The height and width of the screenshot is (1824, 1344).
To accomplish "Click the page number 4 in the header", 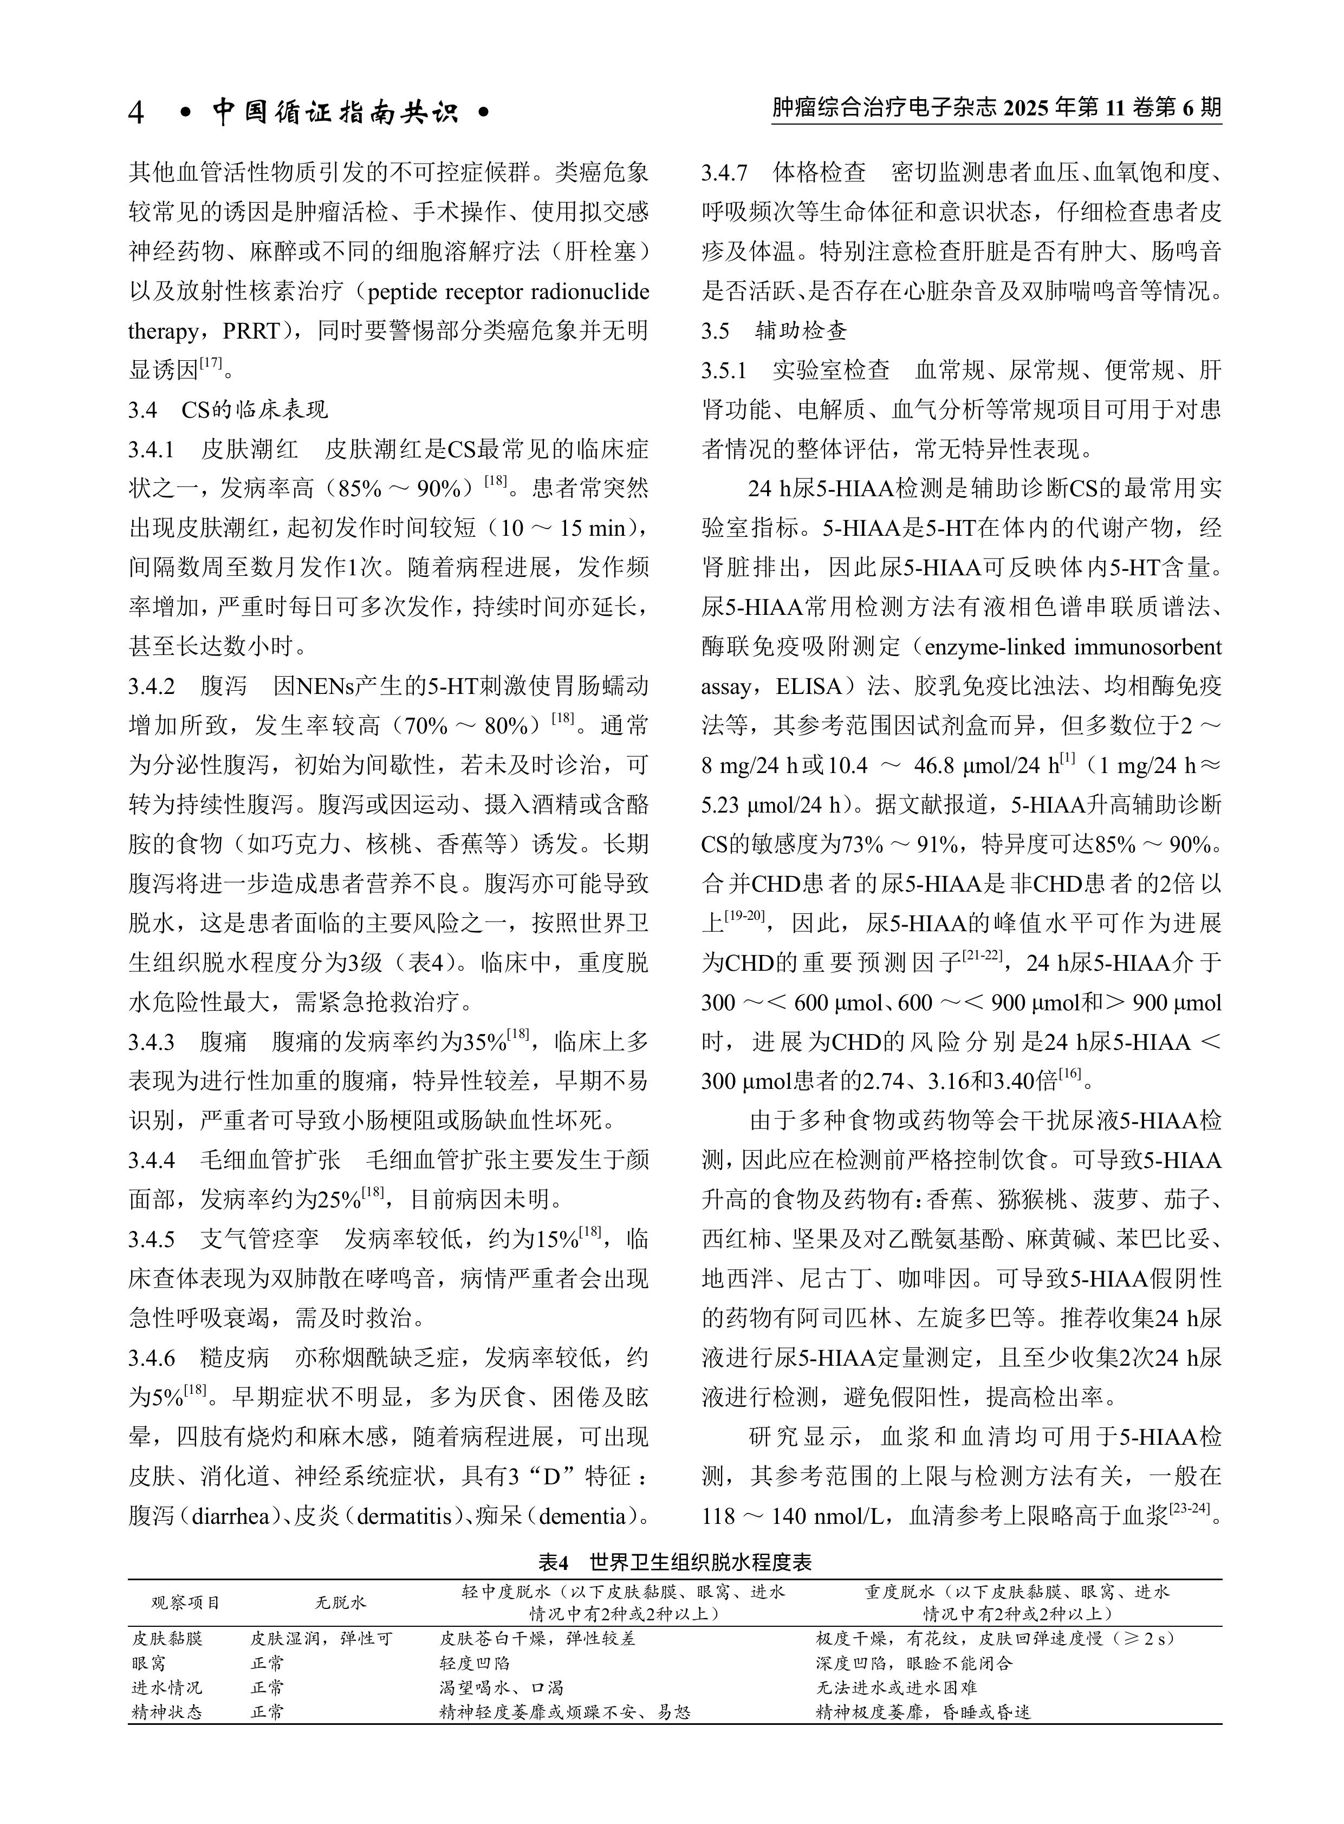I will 137,112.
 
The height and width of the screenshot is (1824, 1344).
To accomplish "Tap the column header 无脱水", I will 340,1603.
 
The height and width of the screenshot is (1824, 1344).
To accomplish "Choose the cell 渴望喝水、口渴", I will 501,1687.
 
